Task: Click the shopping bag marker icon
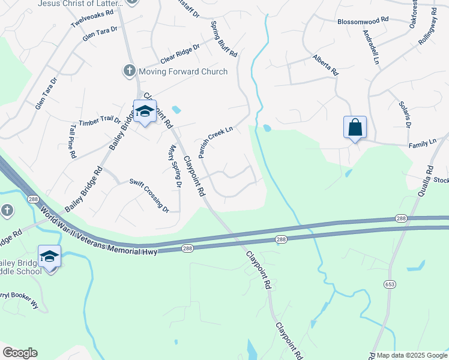click(x=355, y=127)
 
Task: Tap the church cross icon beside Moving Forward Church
click(x=129, y=71)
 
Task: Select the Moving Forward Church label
click(x=183, y=72)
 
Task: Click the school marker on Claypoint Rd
click(x=145, y=111)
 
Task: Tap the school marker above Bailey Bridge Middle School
click(x=49, y=257)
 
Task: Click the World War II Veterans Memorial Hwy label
click(x=98, y=232)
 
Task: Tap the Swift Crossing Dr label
click(x=149, y=195)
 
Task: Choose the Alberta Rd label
click(x=326, y=65)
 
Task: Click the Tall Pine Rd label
click(x=73, y=141)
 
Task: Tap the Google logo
click(x=20, y=353)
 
